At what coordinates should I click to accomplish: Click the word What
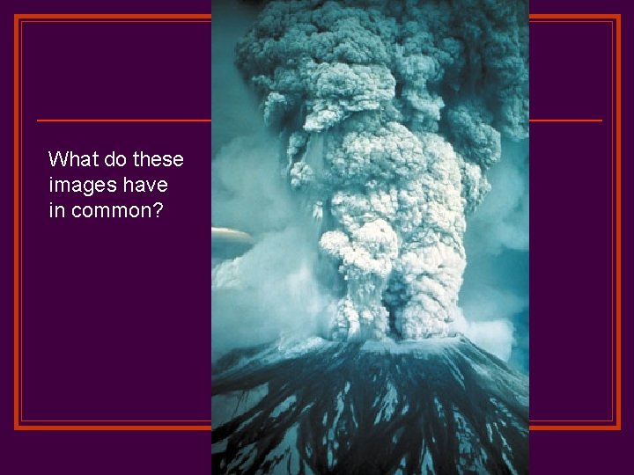coord(70,159)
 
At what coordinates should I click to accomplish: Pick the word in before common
coord(56,211)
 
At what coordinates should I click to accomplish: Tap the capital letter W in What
coord(56,159)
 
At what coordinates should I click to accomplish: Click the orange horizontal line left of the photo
coord(123,120)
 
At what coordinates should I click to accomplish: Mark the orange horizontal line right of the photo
coord(565,120)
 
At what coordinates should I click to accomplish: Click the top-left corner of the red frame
coord(18,18)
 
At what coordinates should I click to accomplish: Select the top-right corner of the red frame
coord(618,18)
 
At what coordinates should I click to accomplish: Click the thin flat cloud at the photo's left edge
coord(231,235)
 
